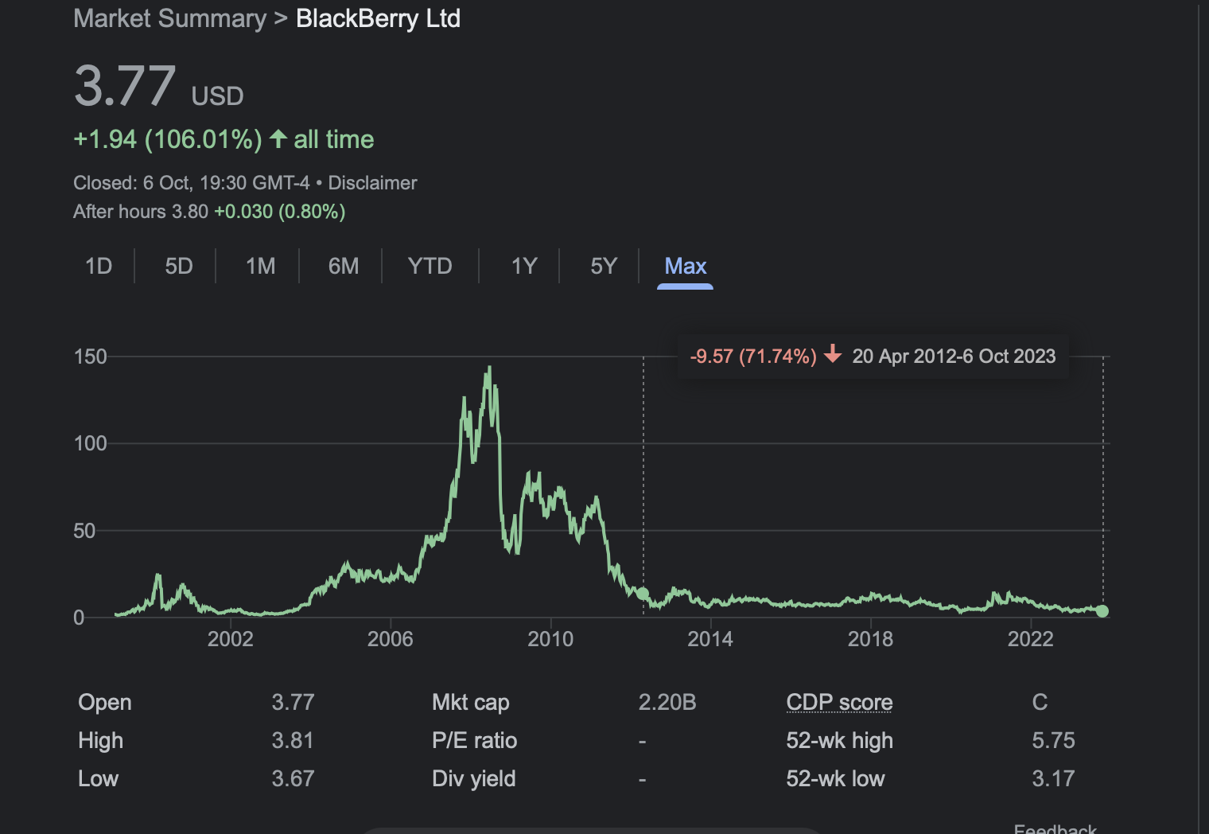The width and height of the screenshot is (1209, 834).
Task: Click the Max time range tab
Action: (x=685, y=267)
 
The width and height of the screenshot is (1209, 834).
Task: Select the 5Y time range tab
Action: (x=604, y=267)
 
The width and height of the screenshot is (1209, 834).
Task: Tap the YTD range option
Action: (x=430, y=267)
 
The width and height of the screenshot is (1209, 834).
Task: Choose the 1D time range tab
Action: (x=99, y=267)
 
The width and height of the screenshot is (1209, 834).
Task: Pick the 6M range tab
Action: (x=344, y=267)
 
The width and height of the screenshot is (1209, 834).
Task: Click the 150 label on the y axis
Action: (x=90, y=357)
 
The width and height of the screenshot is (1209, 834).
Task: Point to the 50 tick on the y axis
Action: (x=84, y=531)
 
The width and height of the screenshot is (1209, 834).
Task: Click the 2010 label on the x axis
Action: (x=550, y=639)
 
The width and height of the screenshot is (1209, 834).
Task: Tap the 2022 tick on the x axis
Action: (x=1030, y=639)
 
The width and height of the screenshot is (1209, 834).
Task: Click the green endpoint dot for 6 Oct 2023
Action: (x=1102, y=611)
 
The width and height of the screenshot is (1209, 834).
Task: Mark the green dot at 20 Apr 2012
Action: (x=643, y=594)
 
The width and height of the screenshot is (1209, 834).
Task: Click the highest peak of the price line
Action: (x=489, y=368)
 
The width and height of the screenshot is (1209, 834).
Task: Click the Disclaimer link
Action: (x=372, y=183)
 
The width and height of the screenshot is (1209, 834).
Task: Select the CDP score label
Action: (x=839, y=702)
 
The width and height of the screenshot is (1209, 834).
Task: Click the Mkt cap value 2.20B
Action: (x=667, y=702)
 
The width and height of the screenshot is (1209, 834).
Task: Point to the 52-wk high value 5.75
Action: (x=1053, y=741)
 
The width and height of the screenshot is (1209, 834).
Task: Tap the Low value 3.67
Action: (x=293, y=779)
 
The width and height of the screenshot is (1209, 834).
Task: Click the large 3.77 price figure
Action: (x=125, y=86)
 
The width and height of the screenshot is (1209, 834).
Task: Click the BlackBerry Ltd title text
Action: (x=378, y=19)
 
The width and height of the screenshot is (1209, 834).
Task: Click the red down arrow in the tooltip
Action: (x=833, y=353)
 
